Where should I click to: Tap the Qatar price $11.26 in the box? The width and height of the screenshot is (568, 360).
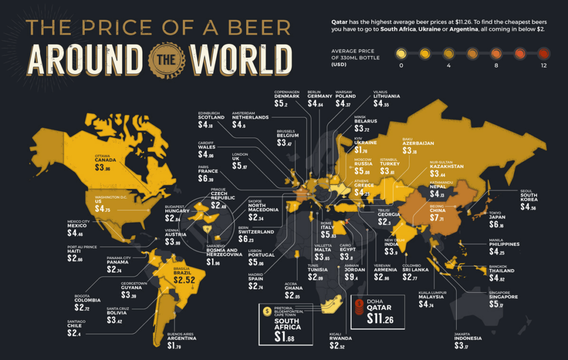click(x=379, y=319)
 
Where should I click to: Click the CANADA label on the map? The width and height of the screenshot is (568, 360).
click(x=106, y=161)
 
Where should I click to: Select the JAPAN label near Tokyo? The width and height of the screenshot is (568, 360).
click(x=497, y=218)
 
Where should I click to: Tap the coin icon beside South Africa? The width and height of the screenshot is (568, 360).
click(x=267, y=311)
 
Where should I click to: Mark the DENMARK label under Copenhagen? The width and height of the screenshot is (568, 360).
click(x=287, y=97)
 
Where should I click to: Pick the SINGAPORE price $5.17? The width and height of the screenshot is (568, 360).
click(x=500, y=304)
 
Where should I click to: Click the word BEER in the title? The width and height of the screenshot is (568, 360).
click(x=249, y=27)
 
